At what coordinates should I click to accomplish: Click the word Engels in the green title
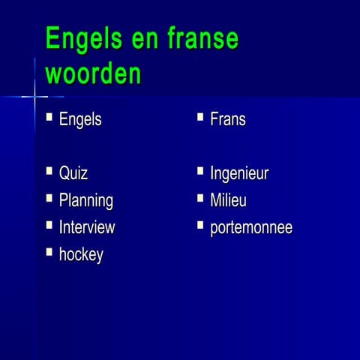click(x=82, y=39)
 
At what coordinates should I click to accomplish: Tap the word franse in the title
click(x=202, y=39)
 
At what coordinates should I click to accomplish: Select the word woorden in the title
click(x=93, y=74)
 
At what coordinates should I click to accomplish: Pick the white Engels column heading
click(x=80, y=119)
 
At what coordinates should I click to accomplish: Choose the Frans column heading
click(x=227, y=119)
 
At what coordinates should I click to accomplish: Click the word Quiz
click(x=73, y=174)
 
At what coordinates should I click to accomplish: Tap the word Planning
click(x=86, y=201)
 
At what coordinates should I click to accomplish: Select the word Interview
click(x=87, y=227)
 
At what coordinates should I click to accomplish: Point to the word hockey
click(x=81, y=255)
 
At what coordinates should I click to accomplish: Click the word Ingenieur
click(x=239, y=174)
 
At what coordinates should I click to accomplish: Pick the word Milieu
click(x=228, y=201)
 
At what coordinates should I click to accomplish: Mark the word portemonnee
click(x=251, y=227)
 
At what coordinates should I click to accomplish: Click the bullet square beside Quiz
click(x=49, y=172)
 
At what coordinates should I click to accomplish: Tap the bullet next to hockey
click(x=49, y=252)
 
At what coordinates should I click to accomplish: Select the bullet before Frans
click(x=200, y=116)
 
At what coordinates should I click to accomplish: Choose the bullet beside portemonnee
click(x=200, y=224)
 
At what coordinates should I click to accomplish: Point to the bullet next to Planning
click(x=49, y=198)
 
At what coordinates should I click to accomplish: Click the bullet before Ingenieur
click(x=200, y=172)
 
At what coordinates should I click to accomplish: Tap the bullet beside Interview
click(x=49, y=224)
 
